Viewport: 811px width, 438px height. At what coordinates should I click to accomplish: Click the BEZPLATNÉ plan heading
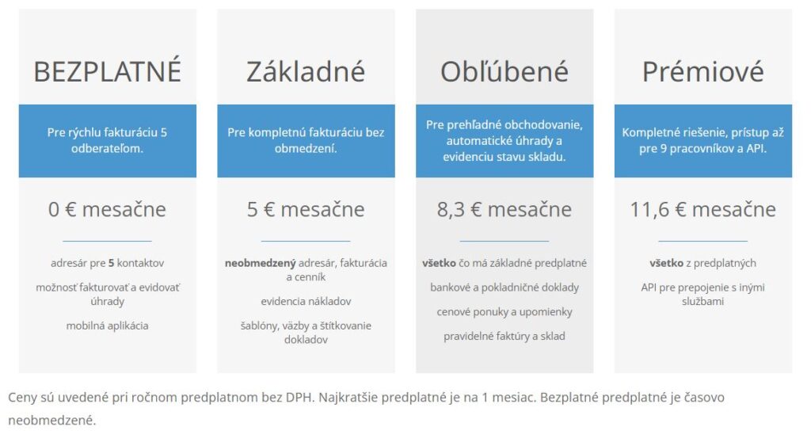107,70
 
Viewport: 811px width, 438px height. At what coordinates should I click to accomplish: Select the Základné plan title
306,71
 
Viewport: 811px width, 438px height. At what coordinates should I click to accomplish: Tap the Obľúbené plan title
504,71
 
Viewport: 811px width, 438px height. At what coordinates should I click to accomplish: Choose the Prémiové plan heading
703,71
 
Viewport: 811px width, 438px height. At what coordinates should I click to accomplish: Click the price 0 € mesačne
107,209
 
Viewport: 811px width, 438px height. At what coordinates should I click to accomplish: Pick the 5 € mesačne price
306,209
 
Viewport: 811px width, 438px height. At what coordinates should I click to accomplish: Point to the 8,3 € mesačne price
504,209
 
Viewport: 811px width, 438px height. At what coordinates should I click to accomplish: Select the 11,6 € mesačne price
703,209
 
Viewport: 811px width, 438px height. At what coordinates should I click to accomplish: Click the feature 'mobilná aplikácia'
107,326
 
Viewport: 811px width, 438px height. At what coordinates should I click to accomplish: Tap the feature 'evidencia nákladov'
306,302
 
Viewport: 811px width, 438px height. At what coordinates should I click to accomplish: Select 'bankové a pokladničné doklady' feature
504,288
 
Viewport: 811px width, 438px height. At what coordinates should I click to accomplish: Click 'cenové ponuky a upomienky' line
504,312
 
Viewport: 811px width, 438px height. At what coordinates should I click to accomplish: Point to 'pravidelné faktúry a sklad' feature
504,336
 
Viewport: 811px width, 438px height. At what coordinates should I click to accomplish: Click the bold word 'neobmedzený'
260,263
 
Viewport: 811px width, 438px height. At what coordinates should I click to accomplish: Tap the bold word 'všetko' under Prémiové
667,263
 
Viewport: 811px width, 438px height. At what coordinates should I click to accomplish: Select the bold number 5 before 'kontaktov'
111,263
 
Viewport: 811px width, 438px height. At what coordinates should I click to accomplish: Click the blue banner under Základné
306,141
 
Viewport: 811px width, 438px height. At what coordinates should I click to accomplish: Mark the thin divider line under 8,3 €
504,241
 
